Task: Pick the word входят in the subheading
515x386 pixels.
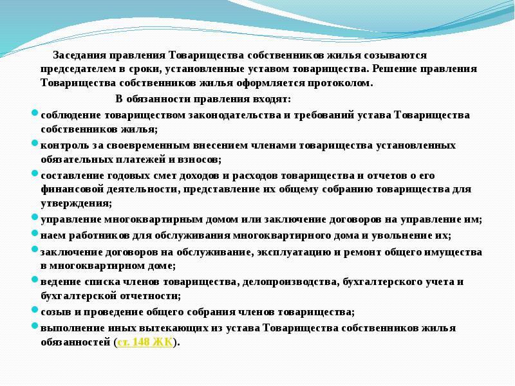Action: coord(272,99)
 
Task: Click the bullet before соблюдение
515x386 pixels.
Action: coord(35,113)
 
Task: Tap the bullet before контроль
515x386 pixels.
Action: coord(35,143)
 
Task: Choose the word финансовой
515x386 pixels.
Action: coord(69,189)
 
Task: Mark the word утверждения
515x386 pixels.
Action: coord(75,203)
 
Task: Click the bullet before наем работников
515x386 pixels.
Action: coord(35,234)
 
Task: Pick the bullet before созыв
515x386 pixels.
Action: coord(35,310)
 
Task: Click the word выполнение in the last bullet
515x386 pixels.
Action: coord(70,328)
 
